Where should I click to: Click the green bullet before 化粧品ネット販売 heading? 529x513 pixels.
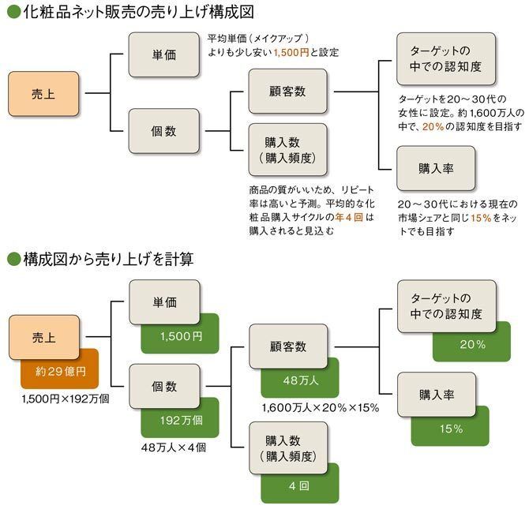pyautogui.click(x=10, y=12)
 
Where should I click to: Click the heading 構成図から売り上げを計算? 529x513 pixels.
pyautogui.click(x=107, y=258)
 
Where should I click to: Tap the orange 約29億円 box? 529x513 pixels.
pyautogui.click(x=61, y=372)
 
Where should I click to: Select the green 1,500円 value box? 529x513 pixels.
pyautogui.click(x=182, y=336)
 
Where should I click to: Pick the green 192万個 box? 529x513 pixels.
pyautogui.click(x=182, y=420)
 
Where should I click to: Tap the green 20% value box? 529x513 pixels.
pyautogui.click(x=472, y=345)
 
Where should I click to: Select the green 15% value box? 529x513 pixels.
pyautogui.click(x=452, y=429)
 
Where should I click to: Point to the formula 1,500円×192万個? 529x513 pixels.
pyautogui.click(x=66, y=399)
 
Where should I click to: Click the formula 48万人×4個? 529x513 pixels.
pyautogui.click(x=174, y=447)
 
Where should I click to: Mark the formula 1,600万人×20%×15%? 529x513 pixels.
pyautogui.click(x=321, y=408)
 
